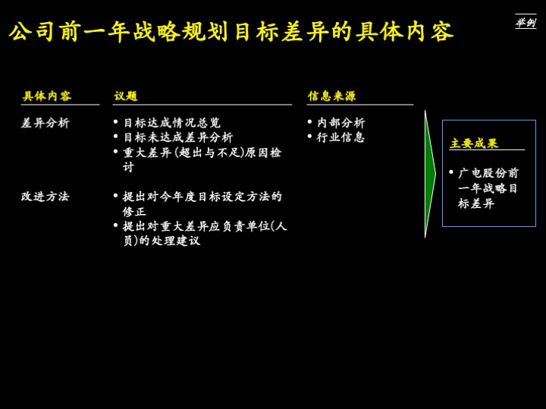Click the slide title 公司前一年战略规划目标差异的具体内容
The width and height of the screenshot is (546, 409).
[231, 32]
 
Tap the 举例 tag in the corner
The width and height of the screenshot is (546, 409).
[525, 23]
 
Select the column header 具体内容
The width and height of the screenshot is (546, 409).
[47, 96]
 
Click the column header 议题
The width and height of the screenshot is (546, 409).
[126, 96]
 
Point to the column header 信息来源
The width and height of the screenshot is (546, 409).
[331, 96]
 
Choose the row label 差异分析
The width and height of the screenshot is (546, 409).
[45, 123]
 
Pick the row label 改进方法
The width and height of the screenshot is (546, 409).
[45, 197]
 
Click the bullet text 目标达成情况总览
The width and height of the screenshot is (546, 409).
[172, 123]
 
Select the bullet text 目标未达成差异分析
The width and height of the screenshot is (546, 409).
[178, 137]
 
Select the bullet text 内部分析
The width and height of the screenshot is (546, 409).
[340, 123]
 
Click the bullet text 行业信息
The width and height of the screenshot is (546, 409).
[340, 137]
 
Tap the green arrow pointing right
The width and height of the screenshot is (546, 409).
[430, 174]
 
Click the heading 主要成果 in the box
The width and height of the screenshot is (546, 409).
[474, 143]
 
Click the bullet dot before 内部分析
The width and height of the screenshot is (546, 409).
[309, 122]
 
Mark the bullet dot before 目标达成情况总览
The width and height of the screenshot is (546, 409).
[116, 122]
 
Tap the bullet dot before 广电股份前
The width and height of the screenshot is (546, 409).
[451, 172]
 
